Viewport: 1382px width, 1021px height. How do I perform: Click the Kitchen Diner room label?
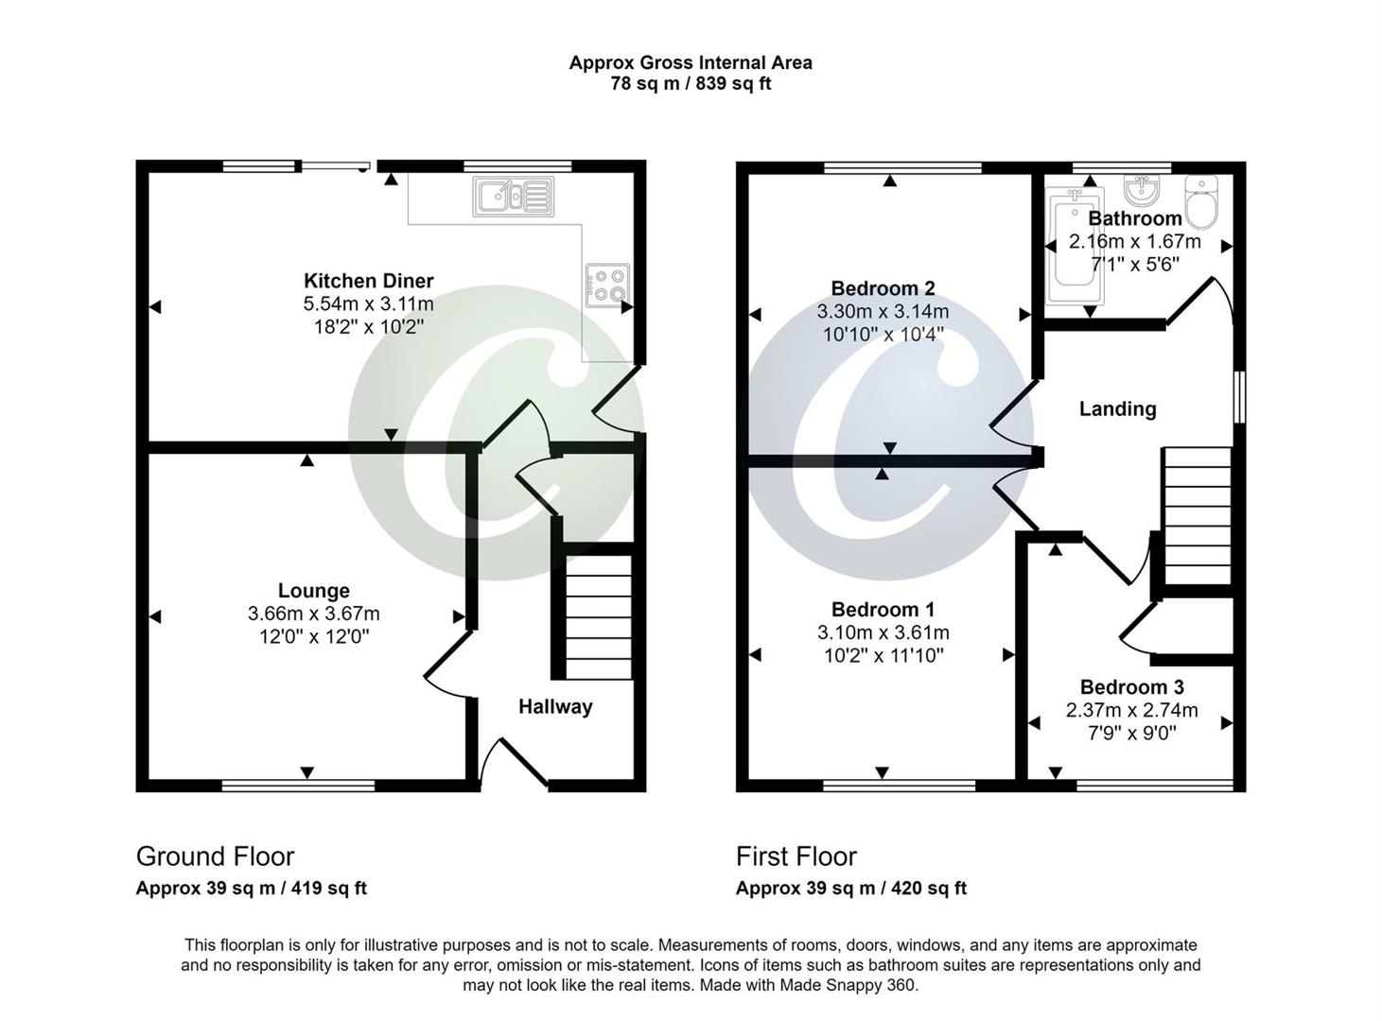pyautogui.click(x=368, y=281)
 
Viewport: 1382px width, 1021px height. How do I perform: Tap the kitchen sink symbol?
pyautogui.click(x=515, y=197)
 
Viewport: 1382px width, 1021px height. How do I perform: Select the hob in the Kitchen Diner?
pyautogui.click(x=606, y=285)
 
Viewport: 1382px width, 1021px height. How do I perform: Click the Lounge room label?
pyautogui.click(x=313, y=591)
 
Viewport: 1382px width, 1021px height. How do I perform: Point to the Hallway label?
pyautogui.click(x=555, y=707)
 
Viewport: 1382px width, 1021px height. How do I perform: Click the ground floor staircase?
pyautogui.click(x=598, y=616)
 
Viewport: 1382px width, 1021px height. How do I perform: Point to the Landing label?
pyautogui.click(x=1117, y=409)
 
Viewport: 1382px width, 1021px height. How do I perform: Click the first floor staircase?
pyautogui.click(x=1197, y=516)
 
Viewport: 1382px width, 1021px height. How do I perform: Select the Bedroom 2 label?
pyautogui.click(x=883, y=288)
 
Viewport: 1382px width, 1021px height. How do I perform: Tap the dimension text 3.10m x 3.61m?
pyautogui.click(x=883, y=632)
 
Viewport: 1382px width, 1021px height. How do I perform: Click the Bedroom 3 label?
pyautogui.click(x=1131, y=687)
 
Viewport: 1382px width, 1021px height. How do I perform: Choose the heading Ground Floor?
pyautogui.click(x=215, y=857)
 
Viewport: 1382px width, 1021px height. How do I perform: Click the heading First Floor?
pyautogui.click(x=796, y=857)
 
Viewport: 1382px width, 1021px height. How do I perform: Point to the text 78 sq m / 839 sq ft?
pyautogui.click(x=690, y=84)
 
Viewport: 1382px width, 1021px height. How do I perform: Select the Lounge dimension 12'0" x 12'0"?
pyautogui.click(x=313, y=637)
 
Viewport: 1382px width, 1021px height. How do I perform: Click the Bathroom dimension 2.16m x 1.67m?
pyautogui.click(x=1134, y=242)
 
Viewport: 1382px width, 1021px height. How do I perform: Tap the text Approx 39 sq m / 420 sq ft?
pyautogui.click(x=850, y=889)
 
